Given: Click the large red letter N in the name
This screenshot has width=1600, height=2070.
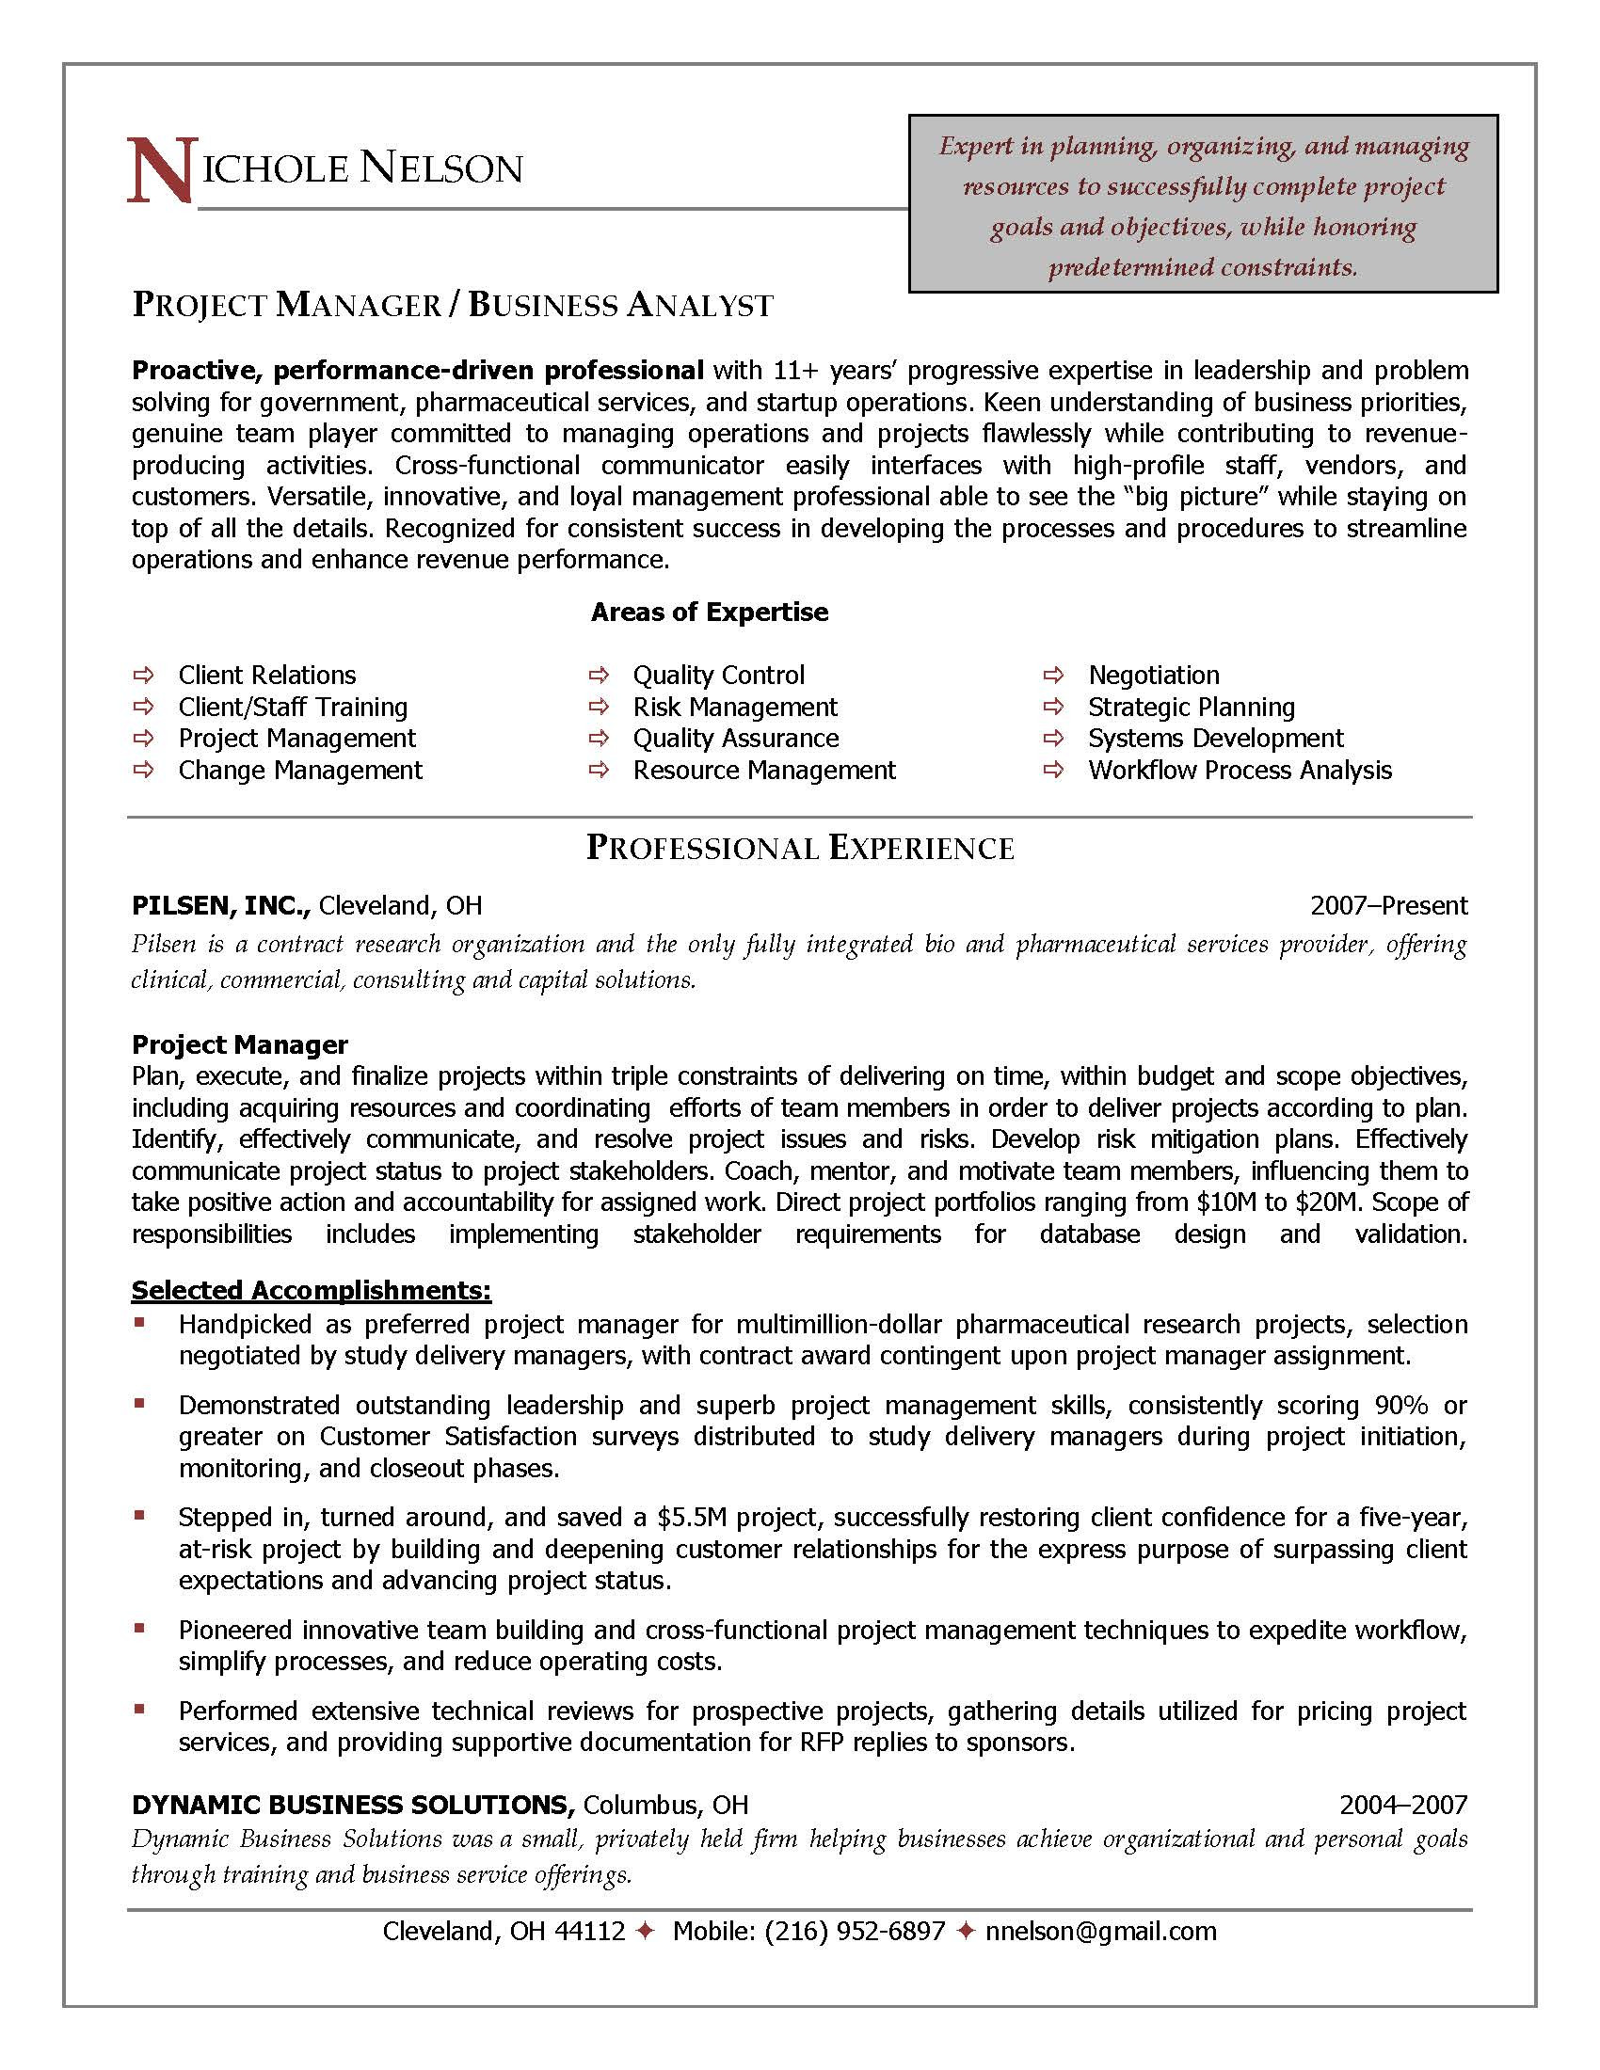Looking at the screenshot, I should [161, 171].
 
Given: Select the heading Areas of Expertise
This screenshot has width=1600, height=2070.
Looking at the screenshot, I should [709, 613].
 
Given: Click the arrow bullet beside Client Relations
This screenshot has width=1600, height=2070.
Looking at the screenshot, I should [143, 675].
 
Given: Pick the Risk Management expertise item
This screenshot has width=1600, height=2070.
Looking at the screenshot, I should [735, 707].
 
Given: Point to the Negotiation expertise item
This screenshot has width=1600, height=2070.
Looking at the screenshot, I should [1153, 675].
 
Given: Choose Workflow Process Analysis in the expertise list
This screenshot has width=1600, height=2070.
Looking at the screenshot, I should [1239, 770].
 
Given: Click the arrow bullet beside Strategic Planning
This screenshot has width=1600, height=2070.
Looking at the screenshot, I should [1053, 707].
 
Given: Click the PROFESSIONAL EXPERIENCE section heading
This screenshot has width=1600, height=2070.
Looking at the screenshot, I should [800, 848].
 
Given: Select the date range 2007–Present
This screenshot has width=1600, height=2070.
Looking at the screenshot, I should [1387, 906].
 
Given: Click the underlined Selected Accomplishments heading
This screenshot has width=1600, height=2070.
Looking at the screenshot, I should [311, 1290].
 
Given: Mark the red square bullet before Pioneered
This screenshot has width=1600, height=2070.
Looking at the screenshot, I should [139, 1629].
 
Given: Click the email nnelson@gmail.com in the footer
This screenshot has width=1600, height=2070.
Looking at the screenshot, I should [1100, 1931].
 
